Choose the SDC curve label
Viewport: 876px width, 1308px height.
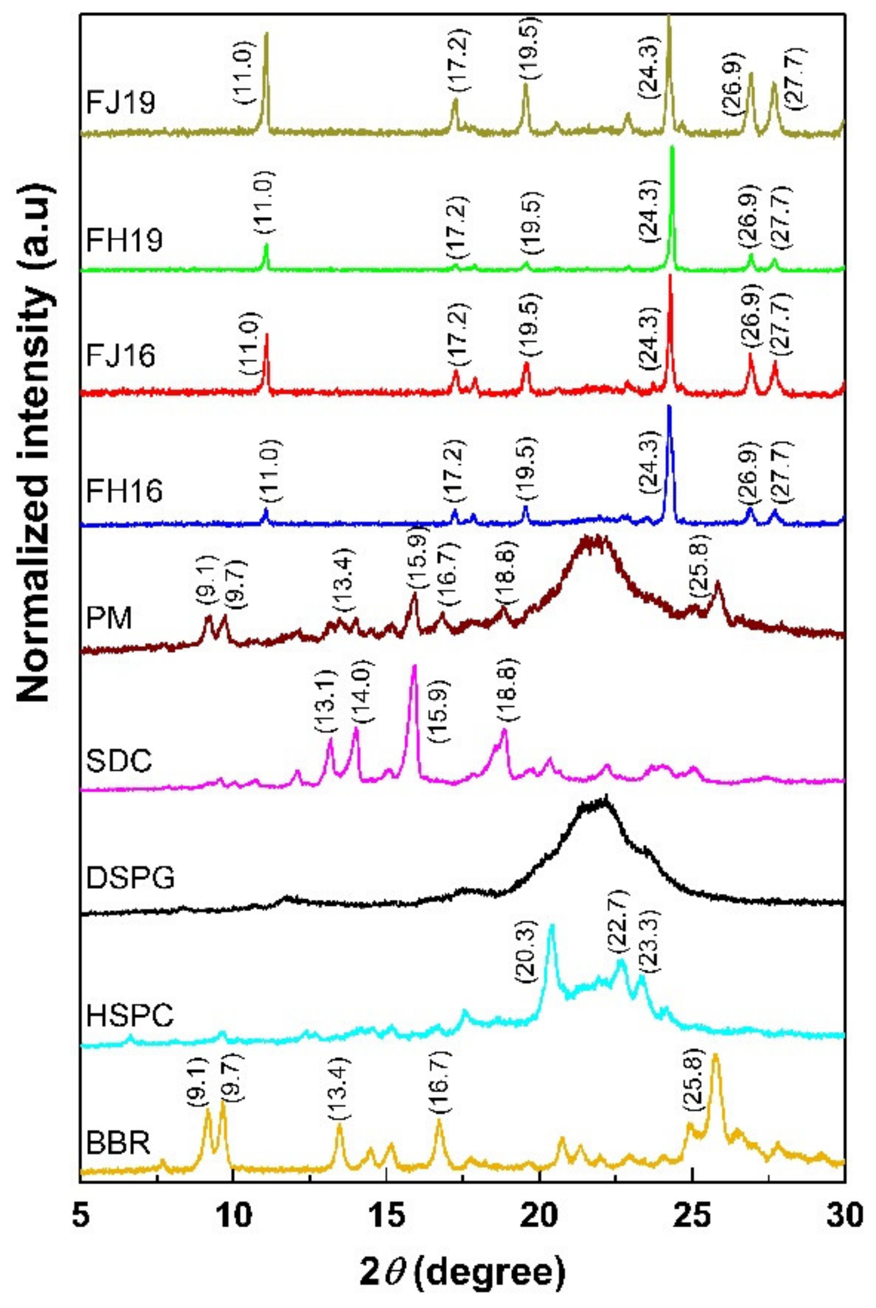click(119, 761)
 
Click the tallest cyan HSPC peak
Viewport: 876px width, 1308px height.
click(552, 927)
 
